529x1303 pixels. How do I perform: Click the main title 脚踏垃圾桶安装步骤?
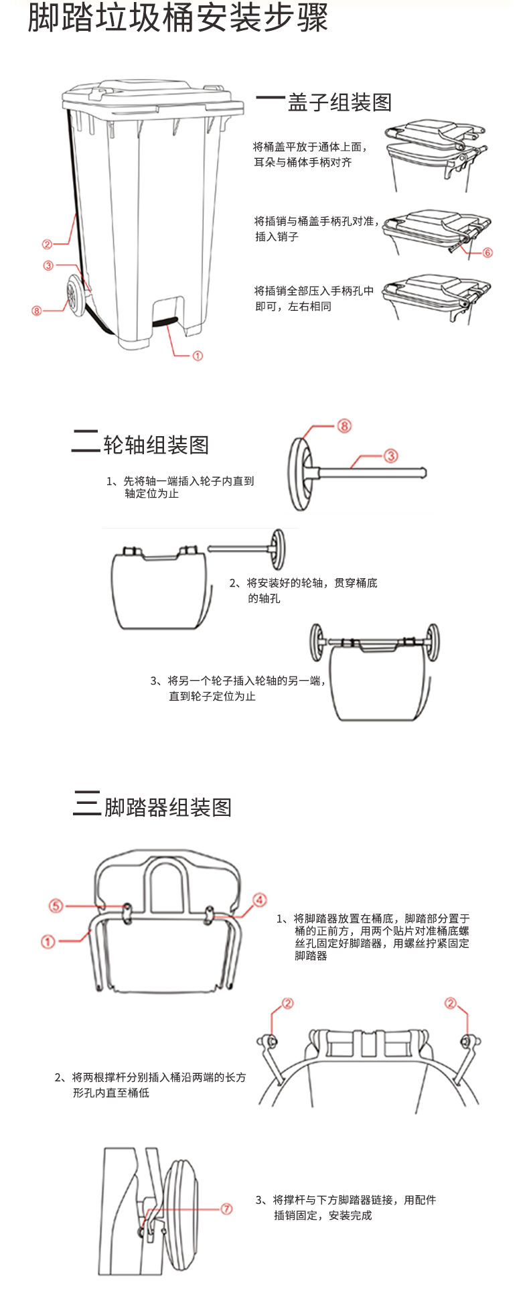177,19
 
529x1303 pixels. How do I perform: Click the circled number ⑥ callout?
487,253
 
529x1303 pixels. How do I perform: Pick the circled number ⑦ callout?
227,1209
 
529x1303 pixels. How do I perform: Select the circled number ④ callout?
259,900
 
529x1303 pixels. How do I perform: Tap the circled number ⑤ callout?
56,906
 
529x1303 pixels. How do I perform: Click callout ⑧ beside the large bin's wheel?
36,311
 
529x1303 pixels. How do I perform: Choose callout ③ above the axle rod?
391,456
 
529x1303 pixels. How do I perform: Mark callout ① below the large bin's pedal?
198,356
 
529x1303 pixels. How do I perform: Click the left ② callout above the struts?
287,1003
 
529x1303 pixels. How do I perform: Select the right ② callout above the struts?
451,1003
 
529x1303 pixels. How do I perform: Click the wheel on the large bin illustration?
74,298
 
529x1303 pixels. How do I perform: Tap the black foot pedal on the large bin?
166,322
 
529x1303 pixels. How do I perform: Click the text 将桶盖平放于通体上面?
310,147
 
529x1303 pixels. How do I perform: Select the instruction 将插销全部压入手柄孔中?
313,291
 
